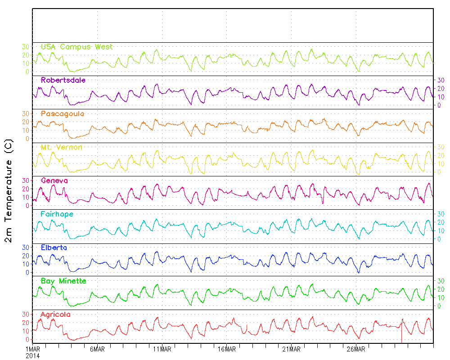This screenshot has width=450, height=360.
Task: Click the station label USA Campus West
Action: click(x=76, y=47)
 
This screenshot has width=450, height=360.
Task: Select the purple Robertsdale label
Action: click(x=63, y=80)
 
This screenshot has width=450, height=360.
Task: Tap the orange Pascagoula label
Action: click(x=62, y=114)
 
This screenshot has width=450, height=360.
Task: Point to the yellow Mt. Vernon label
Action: click(x=61, y=147)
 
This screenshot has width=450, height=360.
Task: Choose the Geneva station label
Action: click(x=54, y=180)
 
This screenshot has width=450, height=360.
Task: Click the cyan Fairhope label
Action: click(x=57, y=214)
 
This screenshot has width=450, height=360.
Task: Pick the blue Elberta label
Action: click(x=54, y=247)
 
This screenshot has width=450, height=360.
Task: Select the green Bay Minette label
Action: click(x=63, y=281)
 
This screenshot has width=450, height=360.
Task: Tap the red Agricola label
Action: click(x=55, y=315)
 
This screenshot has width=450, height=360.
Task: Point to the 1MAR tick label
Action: click(x=33, y=349)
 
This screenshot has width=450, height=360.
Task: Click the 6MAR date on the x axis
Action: click(x=98, y=349)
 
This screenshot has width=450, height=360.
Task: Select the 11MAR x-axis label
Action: click(x=162, y=349)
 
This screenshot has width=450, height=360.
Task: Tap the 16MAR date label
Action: click(x=227, y=349)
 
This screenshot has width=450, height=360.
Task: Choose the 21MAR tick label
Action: click(x=291, y=349)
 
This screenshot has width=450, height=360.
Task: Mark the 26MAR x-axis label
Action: click(x=356, y=349)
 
